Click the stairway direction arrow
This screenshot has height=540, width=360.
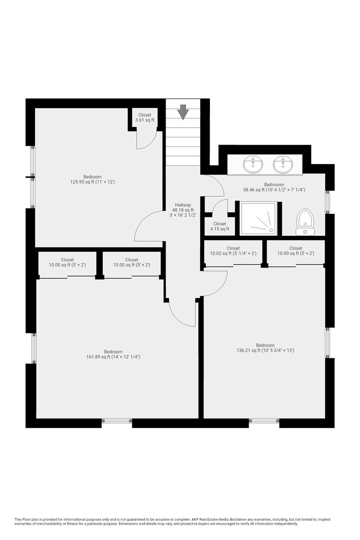click(x=182, y=112)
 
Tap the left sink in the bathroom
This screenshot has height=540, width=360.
click(x=253, y=164)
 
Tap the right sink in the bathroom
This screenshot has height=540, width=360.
click(x=283, y=164)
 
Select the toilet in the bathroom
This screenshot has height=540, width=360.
click(x=305, y=222)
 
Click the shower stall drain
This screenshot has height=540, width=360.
click(x=271, y=230)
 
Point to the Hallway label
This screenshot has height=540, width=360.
click(x=182, y=210)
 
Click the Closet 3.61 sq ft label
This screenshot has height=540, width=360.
click(x=145, y=117)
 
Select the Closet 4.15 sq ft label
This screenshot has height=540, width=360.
click(x=220, y=226)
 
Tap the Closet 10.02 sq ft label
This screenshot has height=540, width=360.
click(x=233, y=251)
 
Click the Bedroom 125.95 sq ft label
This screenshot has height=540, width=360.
click(x=92, y=180)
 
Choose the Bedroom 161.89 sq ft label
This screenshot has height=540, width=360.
click(x=113, y=355)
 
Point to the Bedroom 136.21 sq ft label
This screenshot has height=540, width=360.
click(x=265, y=348)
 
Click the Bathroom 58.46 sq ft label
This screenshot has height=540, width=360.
click(x=274, y=187)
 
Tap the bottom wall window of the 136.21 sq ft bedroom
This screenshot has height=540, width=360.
click(x=264, y=421)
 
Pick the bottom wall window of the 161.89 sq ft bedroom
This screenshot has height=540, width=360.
click(x=117, y=421)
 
